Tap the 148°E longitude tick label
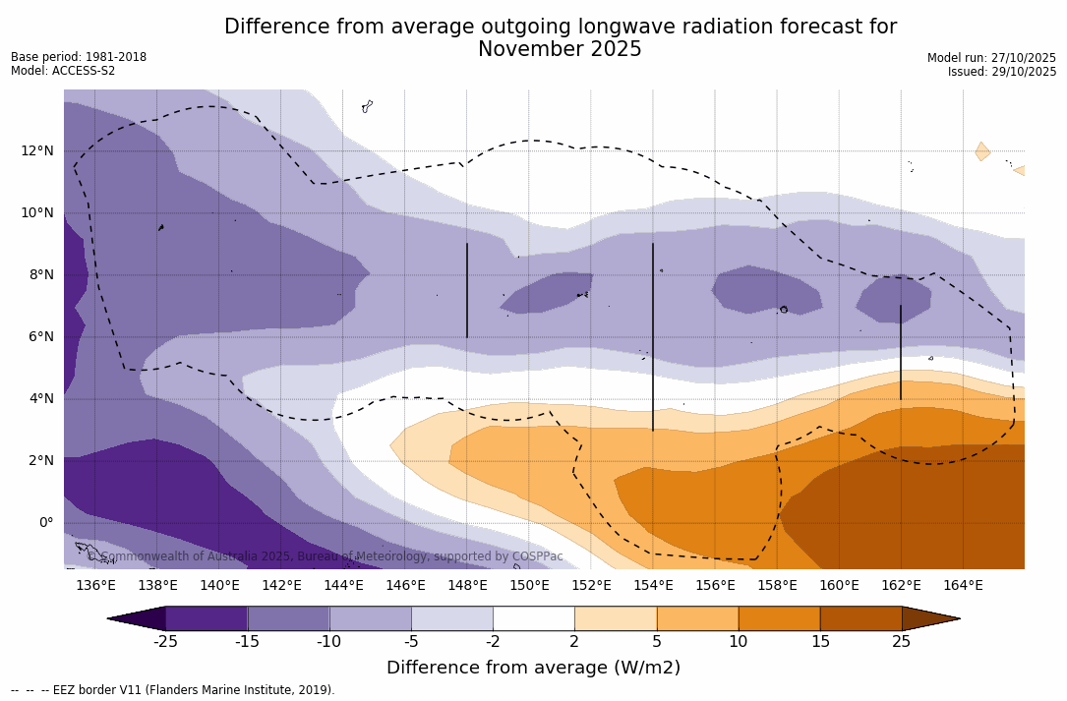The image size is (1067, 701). coord(467,586)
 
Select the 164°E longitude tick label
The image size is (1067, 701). coord(963,586)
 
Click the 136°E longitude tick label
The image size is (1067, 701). coord(95,586)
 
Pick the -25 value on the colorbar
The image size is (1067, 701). coord(165,642)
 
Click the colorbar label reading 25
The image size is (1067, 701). coord(901,642)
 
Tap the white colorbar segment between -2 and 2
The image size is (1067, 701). coord(533,618)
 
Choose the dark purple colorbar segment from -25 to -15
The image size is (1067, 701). coord(207,618)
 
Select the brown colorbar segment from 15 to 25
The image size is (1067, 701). coord(860,618)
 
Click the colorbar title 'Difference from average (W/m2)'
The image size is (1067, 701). coord(533,669)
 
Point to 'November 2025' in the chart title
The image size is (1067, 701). coord(560,50)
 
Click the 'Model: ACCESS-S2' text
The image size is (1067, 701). coord(63,71)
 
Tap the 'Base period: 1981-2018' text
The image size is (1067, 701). coord(79,57)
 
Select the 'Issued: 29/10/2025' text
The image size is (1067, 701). coord(1001,72)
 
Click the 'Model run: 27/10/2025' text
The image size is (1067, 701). coord(991,58)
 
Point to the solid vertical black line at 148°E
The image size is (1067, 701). coord(467,290)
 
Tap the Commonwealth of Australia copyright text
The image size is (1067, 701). coord(326,556)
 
